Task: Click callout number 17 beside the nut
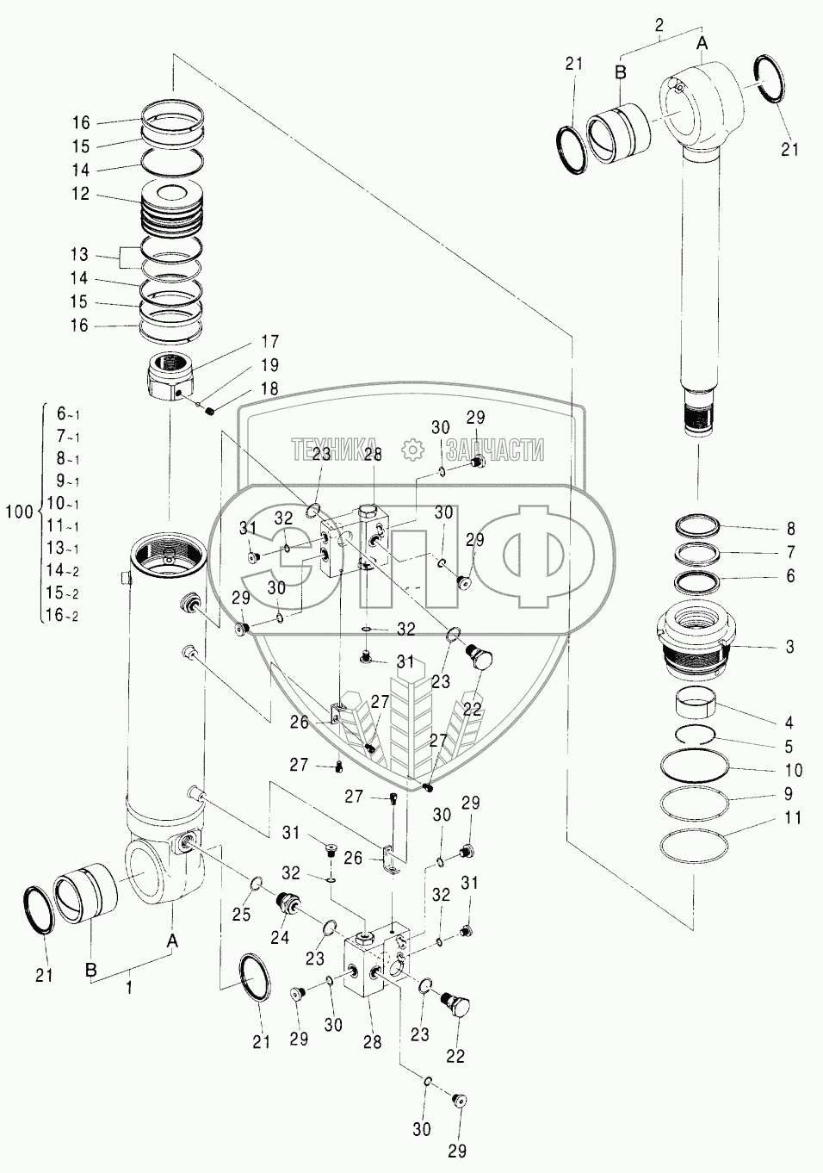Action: coord(270,341)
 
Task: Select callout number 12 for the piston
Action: coord(81,195)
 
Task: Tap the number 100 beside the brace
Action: coord(20,512)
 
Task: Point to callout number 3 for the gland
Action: coord(790,647)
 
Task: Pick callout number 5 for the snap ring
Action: coord(789,747)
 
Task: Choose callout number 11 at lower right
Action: coord(793,817)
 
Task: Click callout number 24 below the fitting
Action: coord(280,937)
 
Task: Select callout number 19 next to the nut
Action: coord(270,365)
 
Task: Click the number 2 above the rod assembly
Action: coord(659,25)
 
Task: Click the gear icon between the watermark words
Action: coord(412,450)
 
